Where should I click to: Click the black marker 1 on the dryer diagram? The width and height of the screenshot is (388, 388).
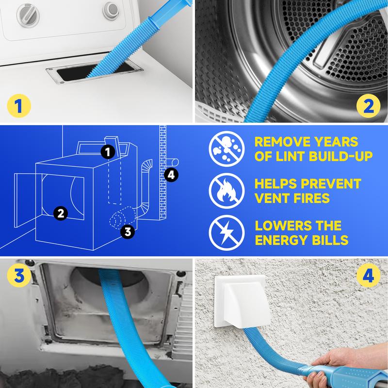108,152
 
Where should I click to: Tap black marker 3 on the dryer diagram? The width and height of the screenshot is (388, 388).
127,232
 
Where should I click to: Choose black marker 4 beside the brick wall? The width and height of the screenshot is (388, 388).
170,175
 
